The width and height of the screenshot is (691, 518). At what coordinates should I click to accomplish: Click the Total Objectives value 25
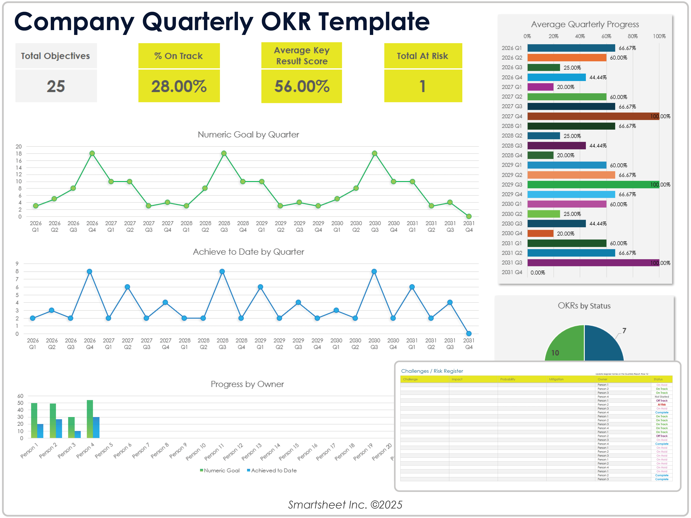(x=56, y=86)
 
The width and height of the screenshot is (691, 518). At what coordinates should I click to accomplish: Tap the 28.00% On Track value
(x=179, y=86)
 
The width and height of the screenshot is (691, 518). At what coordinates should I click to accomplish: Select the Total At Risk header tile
(x=423, y=56)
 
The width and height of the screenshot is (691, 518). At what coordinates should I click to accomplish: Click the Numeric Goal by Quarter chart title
(x=248, y=135)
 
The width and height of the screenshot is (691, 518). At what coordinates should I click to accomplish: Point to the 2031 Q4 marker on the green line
(x=469, y=216)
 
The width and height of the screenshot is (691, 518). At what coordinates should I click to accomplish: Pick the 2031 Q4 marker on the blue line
(x=469, y=333)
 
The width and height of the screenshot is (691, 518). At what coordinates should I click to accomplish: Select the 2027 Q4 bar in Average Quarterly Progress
(x=593, y=116)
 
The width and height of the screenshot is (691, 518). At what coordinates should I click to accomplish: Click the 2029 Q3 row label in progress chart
(x=512, y=185)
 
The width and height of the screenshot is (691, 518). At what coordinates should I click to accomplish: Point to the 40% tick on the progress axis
(x=580, y=36)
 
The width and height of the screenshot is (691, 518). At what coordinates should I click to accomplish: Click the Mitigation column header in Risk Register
(x=556, y=379)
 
